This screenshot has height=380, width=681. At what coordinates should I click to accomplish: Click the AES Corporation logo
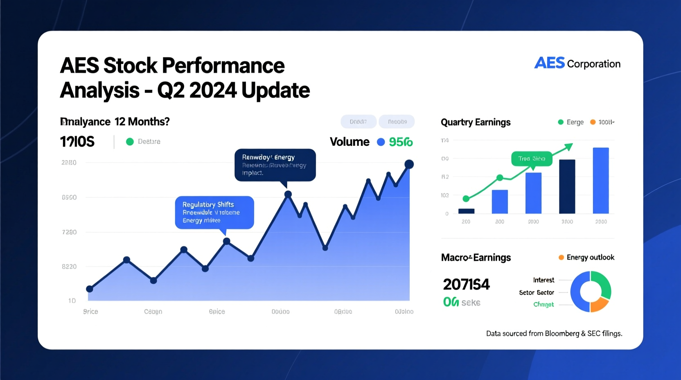tap(577, 63)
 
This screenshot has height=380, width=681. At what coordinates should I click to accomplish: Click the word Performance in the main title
tap(223, 66)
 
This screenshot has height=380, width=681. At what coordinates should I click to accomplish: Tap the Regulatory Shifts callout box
tap(214, 212)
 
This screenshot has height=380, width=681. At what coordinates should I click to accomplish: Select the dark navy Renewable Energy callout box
tap(275, 165)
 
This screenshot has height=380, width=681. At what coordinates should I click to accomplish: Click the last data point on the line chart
tap(409, 164)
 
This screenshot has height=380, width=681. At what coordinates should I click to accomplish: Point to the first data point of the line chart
tap(90, 289)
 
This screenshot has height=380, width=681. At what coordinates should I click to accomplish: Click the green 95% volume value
tap(401, 142)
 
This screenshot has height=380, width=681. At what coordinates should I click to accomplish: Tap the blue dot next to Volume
tap(381, 142)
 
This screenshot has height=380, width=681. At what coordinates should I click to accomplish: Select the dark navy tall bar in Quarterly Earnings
tap(567, 186)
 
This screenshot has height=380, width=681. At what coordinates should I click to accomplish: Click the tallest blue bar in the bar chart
tap(600, 180)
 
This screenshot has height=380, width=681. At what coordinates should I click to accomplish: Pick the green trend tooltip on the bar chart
tap(532, 158)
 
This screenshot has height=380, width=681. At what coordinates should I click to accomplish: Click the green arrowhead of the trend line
tap(568, 147)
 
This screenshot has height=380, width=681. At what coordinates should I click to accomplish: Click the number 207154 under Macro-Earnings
tap(466, 284)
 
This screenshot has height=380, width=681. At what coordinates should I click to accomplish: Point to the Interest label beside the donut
tap(543, 280)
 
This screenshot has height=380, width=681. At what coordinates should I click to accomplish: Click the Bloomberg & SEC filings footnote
tap(554, 333)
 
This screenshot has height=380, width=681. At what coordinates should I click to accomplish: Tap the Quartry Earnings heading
tap(476, 122)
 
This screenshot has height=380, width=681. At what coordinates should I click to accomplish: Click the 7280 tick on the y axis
tap(69, 232)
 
